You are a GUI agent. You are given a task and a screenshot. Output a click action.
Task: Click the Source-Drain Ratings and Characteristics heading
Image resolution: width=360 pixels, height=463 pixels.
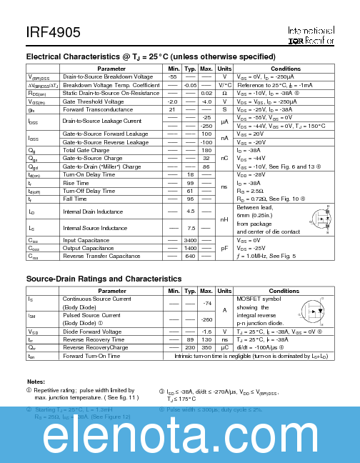click(x=104, y=279)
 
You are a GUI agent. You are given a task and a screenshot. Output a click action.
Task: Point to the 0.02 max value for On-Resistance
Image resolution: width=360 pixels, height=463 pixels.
click(x=206, y=93)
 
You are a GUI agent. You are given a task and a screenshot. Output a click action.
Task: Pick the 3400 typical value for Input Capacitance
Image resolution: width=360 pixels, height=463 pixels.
click(x=190, y=241)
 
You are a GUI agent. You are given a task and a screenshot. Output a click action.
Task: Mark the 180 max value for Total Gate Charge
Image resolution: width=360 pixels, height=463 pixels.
click(x=206, y=150)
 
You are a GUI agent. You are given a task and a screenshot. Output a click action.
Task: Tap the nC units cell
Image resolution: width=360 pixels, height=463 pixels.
click(x=224, y=158)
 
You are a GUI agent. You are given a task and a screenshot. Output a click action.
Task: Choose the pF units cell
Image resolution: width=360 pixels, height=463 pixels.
click(x=224, y=248)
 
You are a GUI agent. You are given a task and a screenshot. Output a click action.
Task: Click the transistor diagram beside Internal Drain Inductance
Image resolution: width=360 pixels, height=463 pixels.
click(x=319, y=219)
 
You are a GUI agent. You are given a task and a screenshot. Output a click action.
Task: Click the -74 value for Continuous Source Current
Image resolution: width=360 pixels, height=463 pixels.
click(x=206, y=304)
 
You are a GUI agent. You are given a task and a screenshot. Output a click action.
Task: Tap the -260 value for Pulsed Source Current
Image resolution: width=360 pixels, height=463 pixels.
click(x=206, y=319)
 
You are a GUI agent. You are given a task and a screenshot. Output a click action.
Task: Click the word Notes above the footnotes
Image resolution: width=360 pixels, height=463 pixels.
click(x=36, y=382)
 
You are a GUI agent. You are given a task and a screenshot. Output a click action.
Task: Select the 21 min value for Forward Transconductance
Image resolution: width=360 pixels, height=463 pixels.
click(x=172, y=109)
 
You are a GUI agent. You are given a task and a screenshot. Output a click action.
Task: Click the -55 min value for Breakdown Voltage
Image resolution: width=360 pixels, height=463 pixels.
click(x=172, y=76)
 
